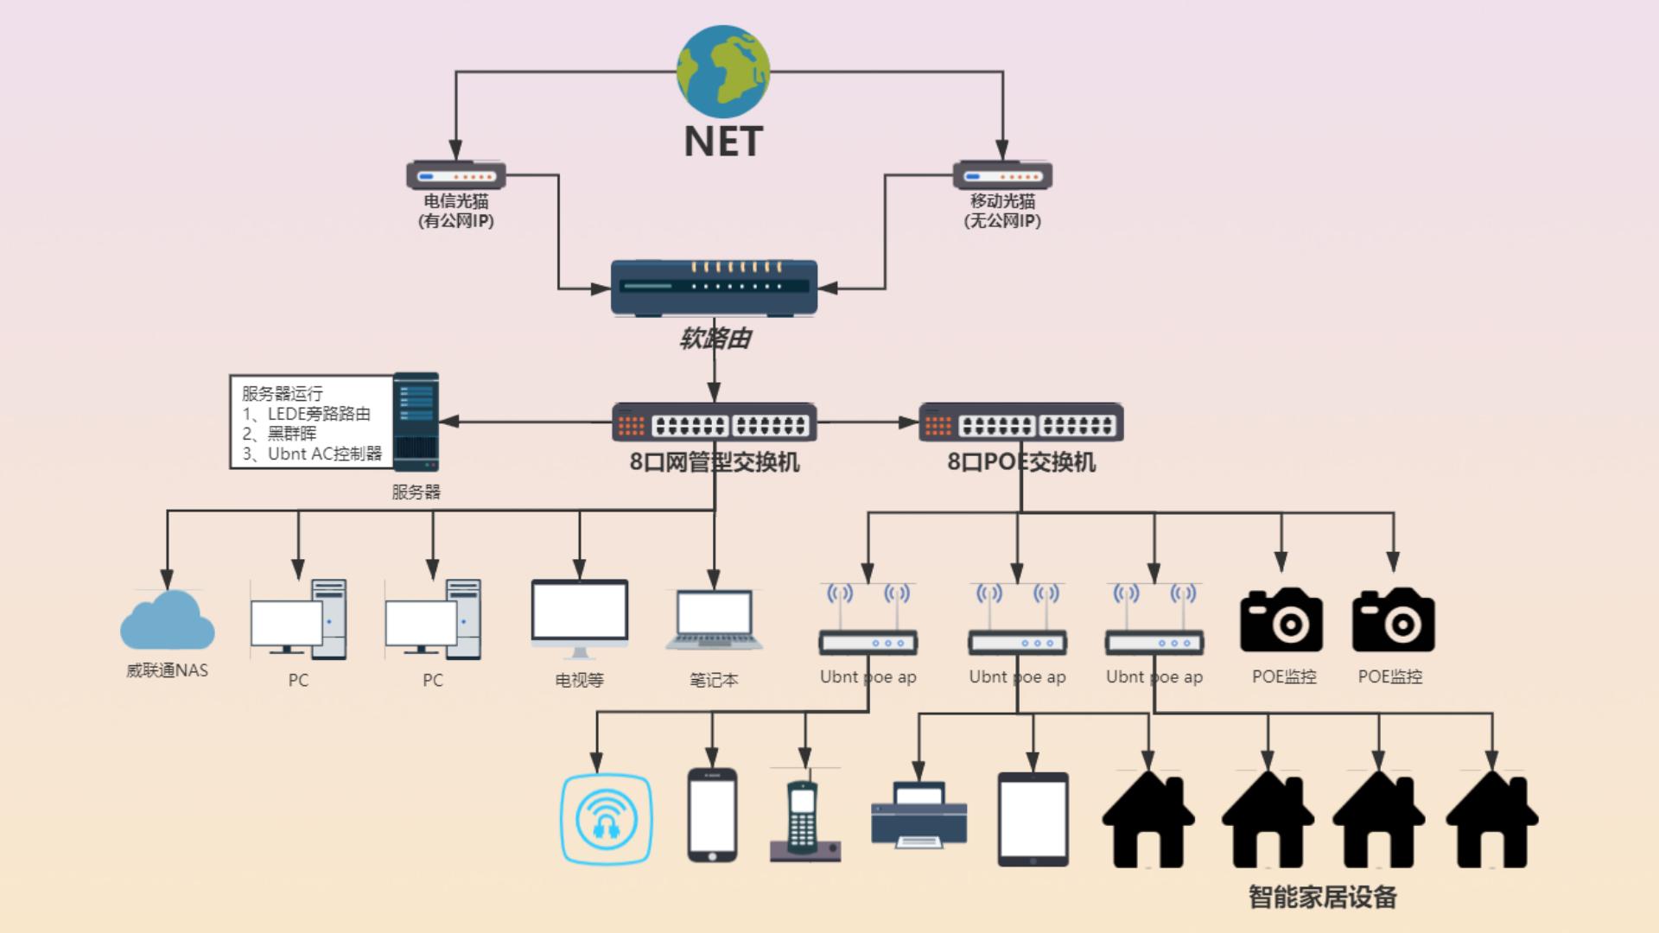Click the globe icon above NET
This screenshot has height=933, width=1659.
(x=722, y=72)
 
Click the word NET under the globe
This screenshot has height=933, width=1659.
(x=723, y=142)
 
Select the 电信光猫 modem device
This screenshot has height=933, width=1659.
(x=456, y=175)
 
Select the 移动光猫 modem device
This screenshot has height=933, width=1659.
(x=1002, y=175)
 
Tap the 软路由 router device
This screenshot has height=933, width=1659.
(x=714, y=288)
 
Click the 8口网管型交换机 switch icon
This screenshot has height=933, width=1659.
(x=714, y=422)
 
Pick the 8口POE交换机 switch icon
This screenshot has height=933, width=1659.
(x=1020, y=422)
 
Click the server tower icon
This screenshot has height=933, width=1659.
(x=416, y=422)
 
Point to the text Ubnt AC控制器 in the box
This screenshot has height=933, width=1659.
(x=324, y=454)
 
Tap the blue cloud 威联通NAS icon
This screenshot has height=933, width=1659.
(x=167, y=621)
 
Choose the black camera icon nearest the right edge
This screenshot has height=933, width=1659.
(x=1393, y=620)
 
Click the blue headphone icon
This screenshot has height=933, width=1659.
(x=607, y=819)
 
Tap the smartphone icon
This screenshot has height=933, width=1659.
(x=712, y=816)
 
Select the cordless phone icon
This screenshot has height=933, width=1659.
(x=804, y=821)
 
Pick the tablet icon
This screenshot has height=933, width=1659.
(x=1033, y=819)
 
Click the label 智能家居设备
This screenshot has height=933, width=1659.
(x=1322, y=897)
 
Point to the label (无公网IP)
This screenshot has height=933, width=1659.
(x=1002, y=221)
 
